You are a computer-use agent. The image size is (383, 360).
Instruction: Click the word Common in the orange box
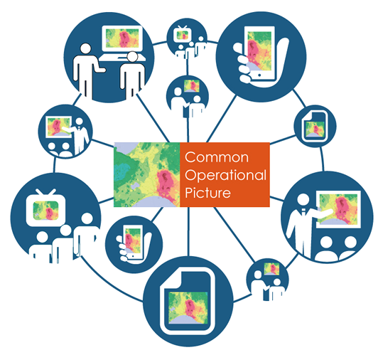217,157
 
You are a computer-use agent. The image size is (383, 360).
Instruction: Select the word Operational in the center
225,175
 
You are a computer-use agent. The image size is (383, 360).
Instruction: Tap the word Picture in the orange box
208,193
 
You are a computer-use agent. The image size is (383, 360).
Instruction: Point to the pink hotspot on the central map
166,181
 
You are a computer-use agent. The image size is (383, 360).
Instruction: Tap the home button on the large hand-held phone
259,75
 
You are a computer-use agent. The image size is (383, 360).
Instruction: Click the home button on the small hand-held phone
133,256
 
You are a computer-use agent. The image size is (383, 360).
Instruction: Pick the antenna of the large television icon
45,192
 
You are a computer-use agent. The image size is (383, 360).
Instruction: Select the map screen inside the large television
45,211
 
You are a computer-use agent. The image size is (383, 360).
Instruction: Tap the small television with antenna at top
182,34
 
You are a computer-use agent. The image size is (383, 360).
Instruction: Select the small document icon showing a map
315,126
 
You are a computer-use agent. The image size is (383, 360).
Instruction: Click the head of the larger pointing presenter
303,201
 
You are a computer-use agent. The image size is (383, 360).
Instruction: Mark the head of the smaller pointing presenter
79,122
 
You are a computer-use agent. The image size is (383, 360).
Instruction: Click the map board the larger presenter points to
338,210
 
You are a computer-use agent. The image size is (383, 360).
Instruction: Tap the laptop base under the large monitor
122,58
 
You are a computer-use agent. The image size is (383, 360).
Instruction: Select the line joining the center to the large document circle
188,231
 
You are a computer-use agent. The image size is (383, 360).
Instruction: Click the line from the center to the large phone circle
222,118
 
